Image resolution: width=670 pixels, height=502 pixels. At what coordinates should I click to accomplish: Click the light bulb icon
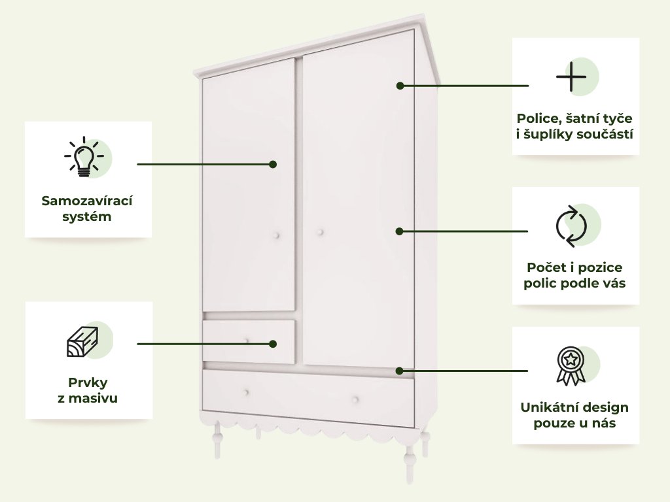(x=84, y=158)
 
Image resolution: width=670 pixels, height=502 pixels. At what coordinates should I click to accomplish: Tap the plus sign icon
(x=571, y=78)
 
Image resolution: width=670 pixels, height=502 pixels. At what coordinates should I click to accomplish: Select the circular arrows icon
(x=571, y=226)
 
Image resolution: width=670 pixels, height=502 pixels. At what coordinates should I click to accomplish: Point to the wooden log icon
(x=82, y=341)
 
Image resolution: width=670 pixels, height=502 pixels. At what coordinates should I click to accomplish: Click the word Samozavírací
(x=87, y=201)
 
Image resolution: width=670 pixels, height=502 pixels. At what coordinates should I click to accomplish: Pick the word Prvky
(x=88, y=382)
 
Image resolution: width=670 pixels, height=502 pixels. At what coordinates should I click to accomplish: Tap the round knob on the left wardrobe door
(x=277, y=235)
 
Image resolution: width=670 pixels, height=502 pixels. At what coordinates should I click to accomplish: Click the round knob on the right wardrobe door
(x=321, y=232)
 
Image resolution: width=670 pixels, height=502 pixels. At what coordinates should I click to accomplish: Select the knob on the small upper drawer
(x=247, y=340)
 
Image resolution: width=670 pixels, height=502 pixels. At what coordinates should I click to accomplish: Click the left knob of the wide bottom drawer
(x=247, y=392)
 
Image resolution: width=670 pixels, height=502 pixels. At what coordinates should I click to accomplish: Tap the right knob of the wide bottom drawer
(x=355, y=399)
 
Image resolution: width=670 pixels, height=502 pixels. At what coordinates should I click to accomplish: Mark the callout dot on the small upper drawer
(x=273, y=343)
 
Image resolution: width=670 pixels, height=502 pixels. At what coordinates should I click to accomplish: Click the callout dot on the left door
(x=273, y=164)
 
